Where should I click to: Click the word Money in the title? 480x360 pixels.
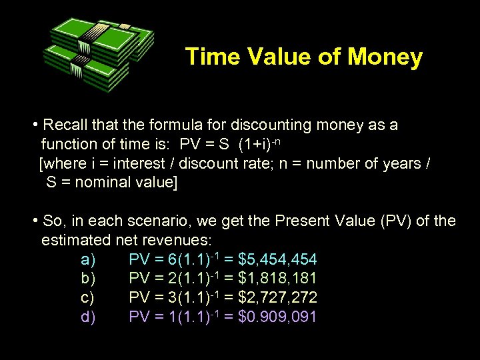(x=385, y=57)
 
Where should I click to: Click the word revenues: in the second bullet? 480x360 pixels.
(x=181, y=239)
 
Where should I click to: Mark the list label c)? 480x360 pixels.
(x=88, y=297)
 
